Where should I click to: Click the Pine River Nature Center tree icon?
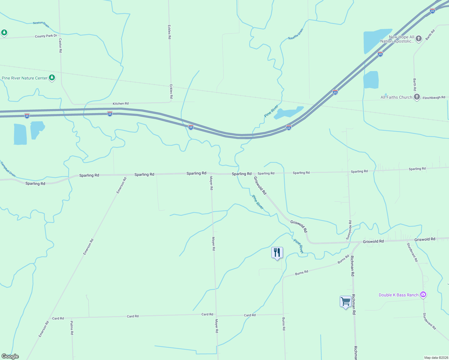[x=52, y=78]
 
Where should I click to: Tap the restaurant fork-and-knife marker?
[x=277, y=252]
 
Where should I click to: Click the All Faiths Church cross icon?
[x=417, y=97]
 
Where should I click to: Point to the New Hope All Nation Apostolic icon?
[x=419, y=38]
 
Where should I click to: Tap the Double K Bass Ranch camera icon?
[x=423, y=295]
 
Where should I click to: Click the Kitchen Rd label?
[x=121, y=103]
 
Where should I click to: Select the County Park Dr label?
[x=46, y=36]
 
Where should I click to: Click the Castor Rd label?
[x=60, y=45]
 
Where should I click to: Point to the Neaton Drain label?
[x=41, y=24]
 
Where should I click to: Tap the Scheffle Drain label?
[x=296, y=34]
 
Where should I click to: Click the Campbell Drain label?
[x=8, y=169]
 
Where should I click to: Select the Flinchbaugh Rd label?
[x=434, y=97]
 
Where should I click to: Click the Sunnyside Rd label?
[x=349, y=230]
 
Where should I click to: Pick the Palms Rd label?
[x=72, y=328]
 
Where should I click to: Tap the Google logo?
[x=10, y=356]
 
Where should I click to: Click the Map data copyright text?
[x=436, y=358]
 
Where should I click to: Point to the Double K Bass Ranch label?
[x=398, y=295]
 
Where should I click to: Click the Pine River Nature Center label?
[x=25, y=78]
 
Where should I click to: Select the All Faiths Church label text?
[x=396, y=97]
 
